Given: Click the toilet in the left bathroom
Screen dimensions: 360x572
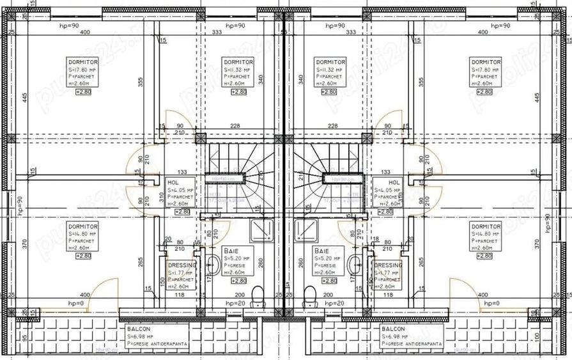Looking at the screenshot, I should click(258, 295).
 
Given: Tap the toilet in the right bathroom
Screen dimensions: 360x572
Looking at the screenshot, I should click(310, 295).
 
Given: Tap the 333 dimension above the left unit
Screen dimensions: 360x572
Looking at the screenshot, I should click(216, 32).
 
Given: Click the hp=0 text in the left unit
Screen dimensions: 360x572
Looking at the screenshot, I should click(76, 303).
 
